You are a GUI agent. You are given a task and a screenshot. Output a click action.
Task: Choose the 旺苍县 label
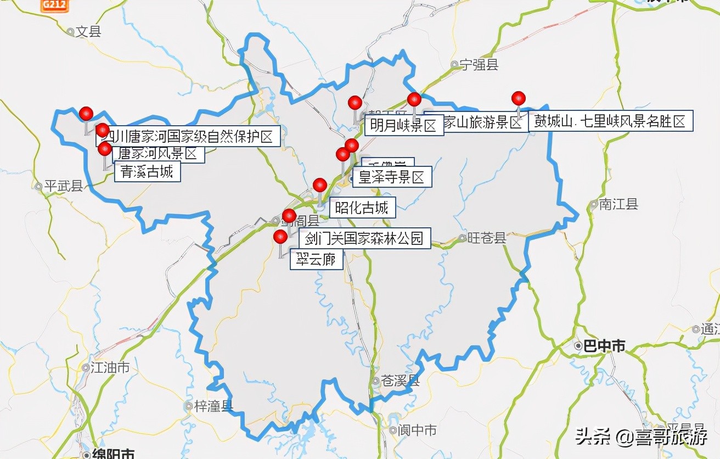(486, 238)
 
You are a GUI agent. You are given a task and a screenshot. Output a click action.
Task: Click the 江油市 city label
(109, 367)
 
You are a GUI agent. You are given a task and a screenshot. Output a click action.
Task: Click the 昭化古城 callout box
(362, 208)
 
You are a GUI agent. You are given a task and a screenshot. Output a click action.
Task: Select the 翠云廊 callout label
(316, 259)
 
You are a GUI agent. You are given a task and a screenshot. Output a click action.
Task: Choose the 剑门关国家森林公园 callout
(364, 238)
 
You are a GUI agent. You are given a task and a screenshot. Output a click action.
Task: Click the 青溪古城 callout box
(147, 172)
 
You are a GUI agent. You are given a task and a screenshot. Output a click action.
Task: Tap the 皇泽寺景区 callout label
(391, 177)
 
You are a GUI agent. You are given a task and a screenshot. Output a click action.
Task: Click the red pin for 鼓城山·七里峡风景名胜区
(519, 98)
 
